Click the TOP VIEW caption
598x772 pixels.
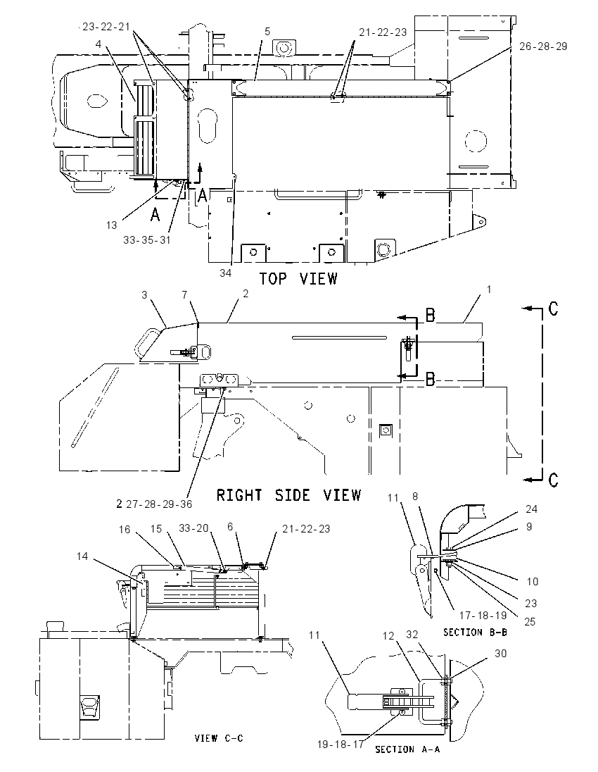(x=298, y=279)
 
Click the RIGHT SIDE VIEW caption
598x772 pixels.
(x=289, y=494)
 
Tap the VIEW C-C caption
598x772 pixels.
(x=219, y=738)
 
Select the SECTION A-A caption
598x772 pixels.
(x=407, y=749)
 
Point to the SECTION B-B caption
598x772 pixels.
(x=475, y=632)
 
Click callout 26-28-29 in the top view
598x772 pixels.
(x=543, y=46)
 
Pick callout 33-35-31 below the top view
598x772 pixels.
(x=146, y=239)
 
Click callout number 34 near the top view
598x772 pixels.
(x=225, y=273)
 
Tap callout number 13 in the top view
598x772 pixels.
(x=112, y=225)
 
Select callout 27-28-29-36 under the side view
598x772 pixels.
(x=159, y=504)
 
